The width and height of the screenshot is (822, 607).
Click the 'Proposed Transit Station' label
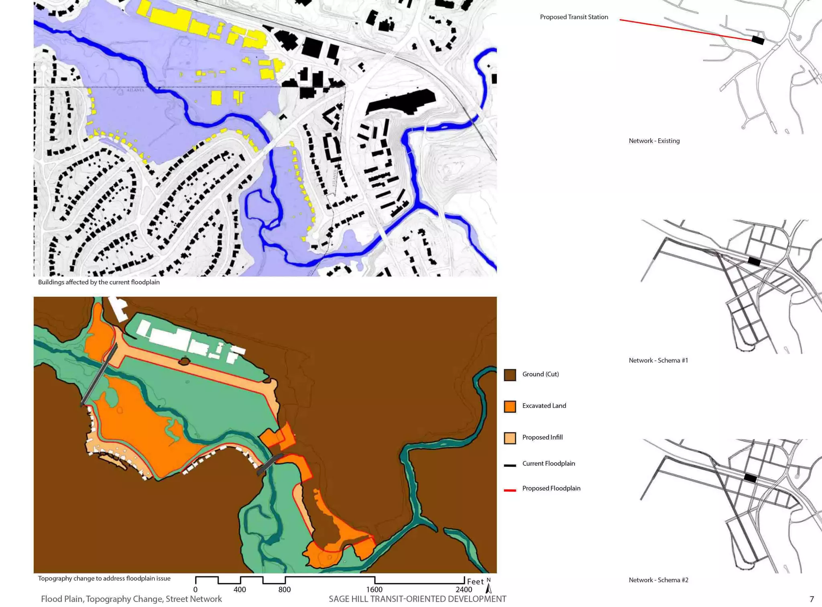point(574,17)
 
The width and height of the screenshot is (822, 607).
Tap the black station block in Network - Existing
point(757,40)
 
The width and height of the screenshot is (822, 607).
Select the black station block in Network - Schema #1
point(754,262)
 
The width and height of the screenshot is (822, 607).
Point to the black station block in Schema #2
point(750,478)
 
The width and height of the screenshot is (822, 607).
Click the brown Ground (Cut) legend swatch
point(510,375)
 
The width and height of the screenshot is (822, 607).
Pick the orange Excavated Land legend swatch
point(510,407)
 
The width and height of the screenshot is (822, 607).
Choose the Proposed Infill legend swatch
point(510,438)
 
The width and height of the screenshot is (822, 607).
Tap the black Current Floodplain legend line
point(510,465)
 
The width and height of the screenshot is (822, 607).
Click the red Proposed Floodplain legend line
point(510,490)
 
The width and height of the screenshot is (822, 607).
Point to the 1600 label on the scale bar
point(374,589)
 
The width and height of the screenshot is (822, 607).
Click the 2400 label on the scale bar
point(464,589)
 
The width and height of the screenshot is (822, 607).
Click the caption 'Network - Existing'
point(654,141)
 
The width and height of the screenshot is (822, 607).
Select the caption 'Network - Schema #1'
point(658,360)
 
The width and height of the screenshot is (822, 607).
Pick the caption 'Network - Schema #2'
point(658,580)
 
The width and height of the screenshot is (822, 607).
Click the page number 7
point(812,599)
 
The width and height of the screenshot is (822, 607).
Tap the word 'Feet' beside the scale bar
point(475,581)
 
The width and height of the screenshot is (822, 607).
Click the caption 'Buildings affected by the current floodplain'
point(99,282)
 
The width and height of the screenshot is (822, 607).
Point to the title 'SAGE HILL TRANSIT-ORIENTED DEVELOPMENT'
point(417,599)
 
